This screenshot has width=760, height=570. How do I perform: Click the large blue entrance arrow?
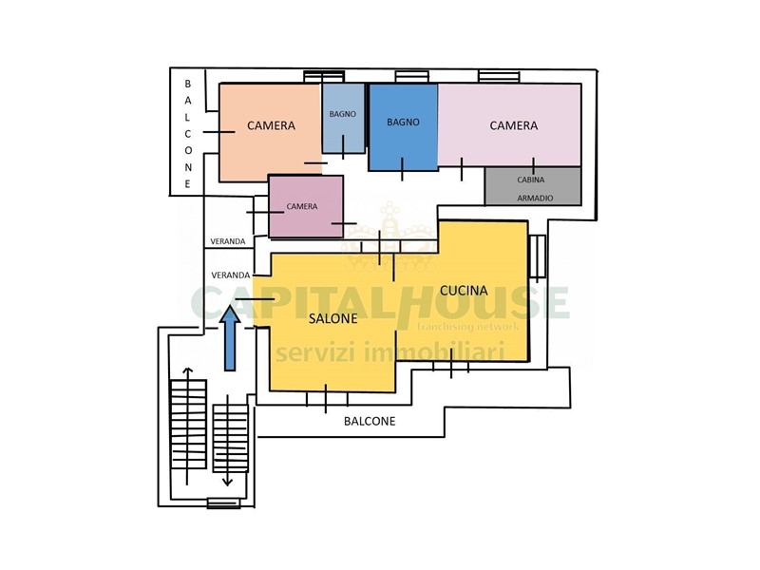[x=230, y=338]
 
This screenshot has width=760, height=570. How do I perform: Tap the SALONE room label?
[x=333, y=318]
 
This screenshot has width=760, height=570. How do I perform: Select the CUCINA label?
[x=464, y=291]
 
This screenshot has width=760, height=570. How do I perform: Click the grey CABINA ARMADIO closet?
[x=533, y=186]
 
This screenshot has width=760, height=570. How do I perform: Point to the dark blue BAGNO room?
[x=403, y=127]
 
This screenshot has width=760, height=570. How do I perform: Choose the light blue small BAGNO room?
[x=343, y=118]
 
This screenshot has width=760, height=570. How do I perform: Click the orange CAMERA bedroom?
[x=270, y=131]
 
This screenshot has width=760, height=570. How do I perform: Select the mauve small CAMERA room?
[x=306, y=206]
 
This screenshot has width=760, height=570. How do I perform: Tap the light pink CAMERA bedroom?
[x=509, y=124]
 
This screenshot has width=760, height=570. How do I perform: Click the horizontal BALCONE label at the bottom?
[x=370, y=421]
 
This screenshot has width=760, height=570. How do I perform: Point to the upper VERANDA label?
[x=228, y=241]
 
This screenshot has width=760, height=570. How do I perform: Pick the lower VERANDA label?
[x=231, y=275]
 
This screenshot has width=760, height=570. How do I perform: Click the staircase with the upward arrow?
[x=188, y=425]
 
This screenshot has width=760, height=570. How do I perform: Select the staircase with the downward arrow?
[x=230, y=439]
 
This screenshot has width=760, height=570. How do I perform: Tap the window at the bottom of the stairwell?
[x=223, y=503]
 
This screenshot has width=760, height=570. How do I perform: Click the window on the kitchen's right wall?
[x=537, y=256]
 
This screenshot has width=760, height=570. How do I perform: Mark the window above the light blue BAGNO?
[x=324, y=77]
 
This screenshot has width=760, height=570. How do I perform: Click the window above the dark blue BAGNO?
[x=411, y=77]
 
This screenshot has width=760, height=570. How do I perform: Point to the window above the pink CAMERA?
[x=499, y=76]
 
